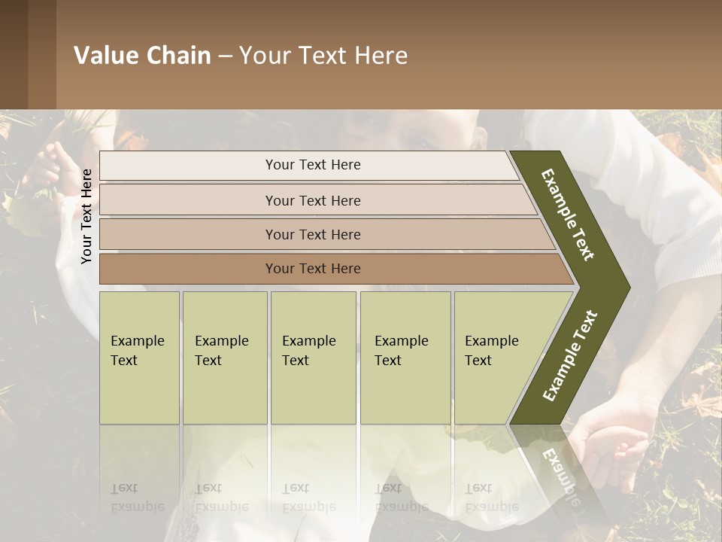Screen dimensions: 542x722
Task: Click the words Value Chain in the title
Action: point(142,56)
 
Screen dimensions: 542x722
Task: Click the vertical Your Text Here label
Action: point(86,217)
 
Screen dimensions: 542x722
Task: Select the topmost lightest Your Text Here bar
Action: point(313,165)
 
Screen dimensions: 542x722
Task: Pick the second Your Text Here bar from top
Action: point(313,200)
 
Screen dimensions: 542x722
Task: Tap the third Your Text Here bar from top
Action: point(313,234)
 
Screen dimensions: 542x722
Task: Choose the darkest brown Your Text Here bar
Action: point(313,269)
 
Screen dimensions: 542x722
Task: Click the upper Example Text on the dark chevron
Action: point(568,215)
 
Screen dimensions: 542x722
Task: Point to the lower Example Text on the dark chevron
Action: point(570,355)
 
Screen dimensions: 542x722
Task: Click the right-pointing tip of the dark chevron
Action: point(626,288)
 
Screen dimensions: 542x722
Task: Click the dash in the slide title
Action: point(225,56)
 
